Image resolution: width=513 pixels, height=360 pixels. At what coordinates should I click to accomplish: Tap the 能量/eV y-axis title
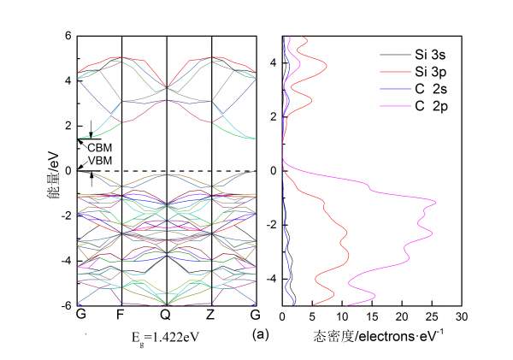tap(53, 171)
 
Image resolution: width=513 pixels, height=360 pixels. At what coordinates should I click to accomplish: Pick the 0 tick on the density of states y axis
tap(274, 170)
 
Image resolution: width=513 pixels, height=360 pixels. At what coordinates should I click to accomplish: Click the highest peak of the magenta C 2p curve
tap(436, 203)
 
